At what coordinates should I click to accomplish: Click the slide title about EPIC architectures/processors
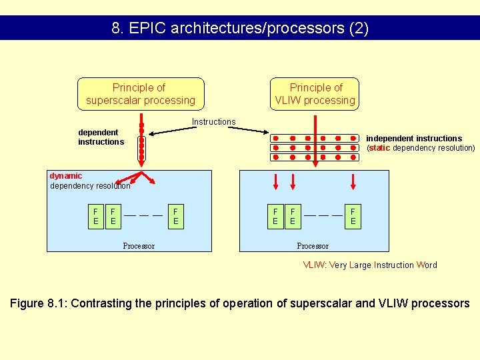pyautogui.click(x=240, y=29)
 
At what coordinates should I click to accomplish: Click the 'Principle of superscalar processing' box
pyautogui.click(x=141, y=94)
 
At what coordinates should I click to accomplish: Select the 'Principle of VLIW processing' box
pyautogui.click(x=315, y=94)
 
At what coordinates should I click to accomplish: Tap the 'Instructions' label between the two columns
pyautogui.click(x=213, y=121)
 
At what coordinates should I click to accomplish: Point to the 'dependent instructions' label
pyautogui.click(x=101, y=137)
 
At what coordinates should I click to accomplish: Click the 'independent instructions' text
pyautogui.click(x=414, y=139)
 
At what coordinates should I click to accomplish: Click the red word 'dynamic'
pyautogui.click(x=66, y=176)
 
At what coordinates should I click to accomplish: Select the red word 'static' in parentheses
pyautogui.click(x=379, y=148)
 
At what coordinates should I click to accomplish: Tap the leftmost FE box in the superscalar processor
pyautogui.click(x=96, y=216)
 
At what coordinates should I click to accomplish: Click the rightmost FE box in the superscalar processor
pyautogui.click(x=176, y=216)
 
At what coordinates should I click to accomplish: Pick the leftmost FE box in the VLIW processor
pyautogui.click(x=275, y=216)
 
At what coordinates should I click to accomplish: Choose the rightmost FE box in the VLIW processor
pyautogui.click(x=353, y=216)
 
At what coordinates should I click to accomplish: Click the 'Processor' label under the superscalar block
pyautogui.click(x=139, y=246)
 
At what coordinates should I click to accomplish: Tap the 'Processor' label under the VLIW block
pyautogui.click(x=313, y=246)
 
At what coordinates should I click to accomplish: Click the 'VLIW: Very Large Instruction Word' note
pyautogui.click(x=370, y=265)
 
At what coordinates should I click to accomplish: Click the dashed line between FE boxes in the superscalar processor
pyautogui.click(x=144, y=215)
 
